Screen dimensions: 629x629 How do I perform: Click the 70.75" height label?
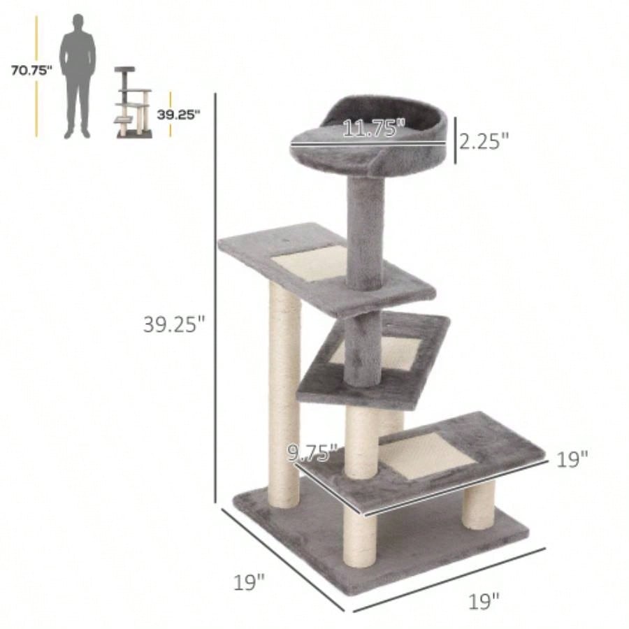[x=31, y=70]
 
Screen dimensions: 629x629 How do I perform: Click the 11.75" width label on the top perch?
[x=373, y=128]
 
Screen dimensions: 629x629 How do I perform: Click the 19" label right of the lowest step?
[x=572, y=459]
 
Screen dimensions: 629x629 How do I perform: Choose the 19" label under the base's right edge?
[x=484, y=600]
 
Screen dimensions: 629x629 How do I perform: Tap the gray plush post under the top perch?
[x=363, y=231]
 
